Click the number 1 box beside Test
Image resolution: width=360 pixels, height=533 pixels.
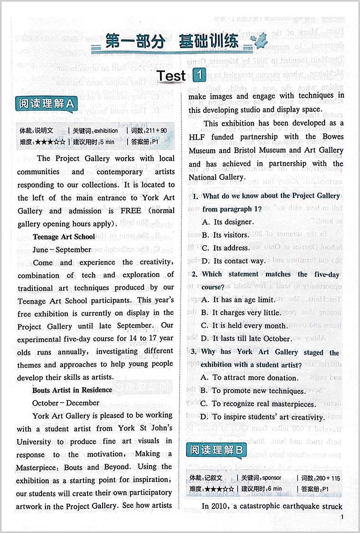pyautogui.click(x=200, y=76)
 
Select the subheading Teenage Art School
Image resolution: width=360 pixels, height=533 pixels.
pyautogui.click(x=64, y=237)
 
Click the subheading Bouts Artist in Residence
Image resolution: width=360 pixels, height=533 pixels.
pyautogui.click(x=72, y=390)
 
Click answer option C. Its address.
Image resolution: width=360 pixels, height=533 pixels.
pyautogui.click(x=226, y=248)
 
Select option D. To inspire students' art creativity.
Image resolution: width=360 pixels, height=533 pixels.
pyautogui.click(x=263, y=417)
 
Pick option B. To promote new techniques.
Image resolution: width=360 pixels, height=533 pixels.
pyautogui.click(x=252, y=391)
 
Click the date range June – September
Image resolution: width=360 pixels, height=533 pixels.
pyautogui.click(x=62, y=250)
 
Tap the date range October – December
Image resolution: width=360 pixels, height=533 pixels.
pyautogui.click(x=66, y=403)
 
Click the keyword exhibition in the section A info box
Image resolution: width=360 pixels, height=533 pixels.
pyautogui.click(x=106, y=131)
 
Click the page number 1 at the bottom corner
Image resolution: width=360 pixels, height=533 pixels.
pyautogui.click(x=342, y=518)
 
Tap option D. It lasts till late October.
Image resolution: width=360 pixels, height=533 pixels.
pyautogui.click(x=246, y=338)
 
